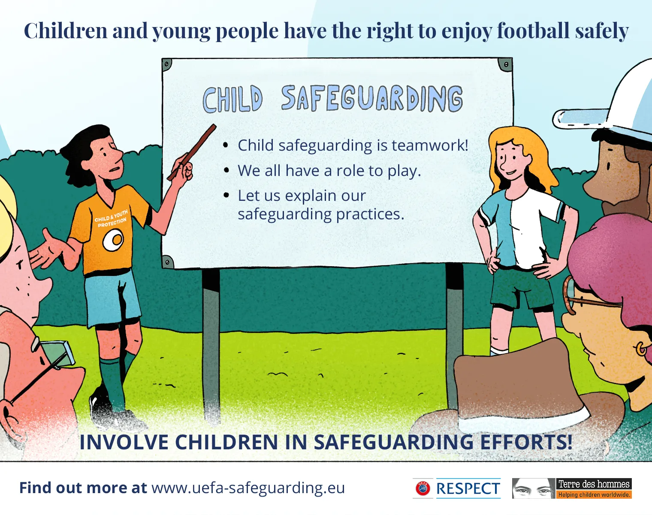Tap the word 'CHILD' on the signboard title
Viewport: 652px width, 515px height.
point(232,100)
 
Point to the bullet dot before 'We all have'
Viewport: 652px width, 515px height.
point(226,170)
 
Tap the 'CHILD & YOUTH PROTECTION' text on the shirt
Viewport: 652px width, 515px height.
point(111,218)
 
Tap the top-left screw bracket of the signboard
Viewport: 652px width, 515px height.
point(167,65)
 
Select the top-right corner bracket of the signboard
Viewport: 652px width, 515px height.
point(505,65)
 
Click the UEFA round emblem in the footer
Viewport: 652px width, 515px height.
point(423,488)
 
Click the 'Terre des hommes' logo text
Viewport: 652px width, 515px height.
point(594,484)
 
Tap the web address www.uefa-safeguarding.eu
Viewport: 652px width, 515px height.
point(248,488)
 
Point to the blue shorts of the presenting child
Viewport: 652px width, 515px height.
point(112,296)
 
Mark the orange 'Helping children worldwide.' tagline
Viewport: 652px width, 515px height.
point(594,495)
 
